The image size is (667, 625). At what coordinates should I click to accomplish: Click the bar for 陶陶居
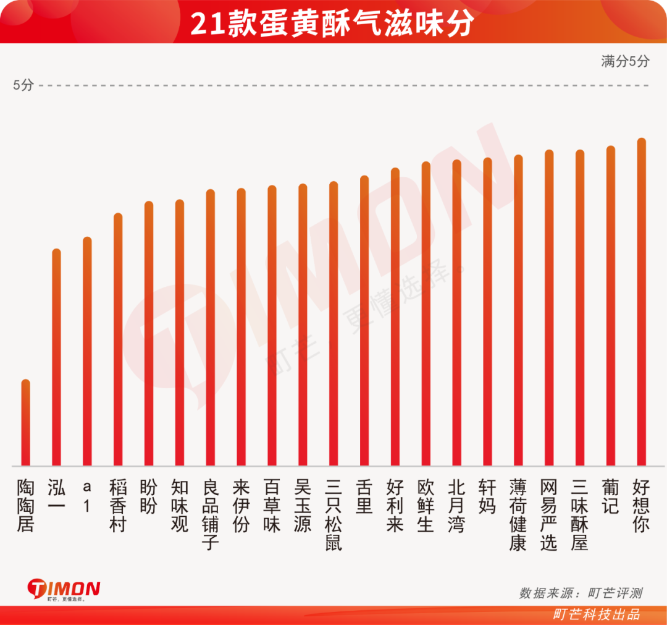pyautogui.click(x=25, y=422)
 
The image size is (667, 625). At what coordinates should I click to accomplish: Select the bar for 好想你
pyautogui.click(x=642, y=302)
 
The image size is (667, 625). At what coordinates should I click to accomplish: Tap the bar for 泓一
pyautogui.click(x=57, y=357)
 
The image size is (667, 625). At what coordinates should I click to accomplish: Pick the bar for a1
pyautogui.click(x=87, y=351)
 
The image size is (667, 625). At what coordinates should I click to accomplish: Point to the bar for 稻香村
pyautogui.click(x=118, y=339)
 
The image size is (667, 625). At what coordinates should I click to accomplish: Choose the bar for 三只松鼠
pyautogui.click(x=333, y=323)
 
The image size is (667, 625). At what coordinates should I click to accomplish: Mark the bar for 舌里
pyautogui.click(x=364, y=321)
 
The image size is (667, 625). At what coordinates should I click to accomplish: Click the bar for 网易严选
pyautogui.click(x=549, y=308)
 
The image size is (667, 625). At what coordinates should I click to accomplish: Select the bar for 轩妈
pyautogui.click(x=487, y=312)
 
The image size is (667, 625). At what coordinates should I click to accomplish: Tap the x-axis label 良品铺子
pyautogui.click(x=211, y=515)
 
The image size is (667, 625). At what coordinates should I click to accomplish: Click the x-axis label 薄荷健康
pyautogui.click(x=518, y=515)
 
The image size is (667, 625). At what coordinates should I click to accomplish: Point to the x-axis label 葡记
pyautogui.click(x=610, y=496)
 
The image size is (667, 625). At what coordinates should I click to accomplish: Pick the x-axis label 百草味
pyautogui.click(x=272, y=506)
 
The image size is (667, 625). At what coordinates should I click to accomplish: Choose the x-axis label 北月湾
pyautogui.click(x=456, y=506)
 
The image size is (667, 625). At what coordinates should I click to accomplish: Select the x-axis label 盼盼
pyautogui.click(x=148, y=496)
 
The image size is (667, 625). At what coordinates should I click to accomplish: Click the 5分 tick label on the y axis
pyautogui.click(x=23, y=85)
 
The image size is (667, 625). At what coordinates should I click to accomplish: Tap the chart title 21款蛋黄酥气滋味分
pyautogui.click(x=332, y=23)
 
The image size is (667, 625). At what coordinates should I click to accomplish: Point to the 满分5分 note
pyautogui.click(x=625, y=61)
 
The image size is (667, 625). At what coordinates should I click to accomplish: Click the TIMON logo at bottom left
pyautogui.click(x=64, y=590)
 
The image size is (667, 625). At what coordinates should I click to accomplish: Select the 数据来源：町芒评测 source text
pyautogui.click(x=581, y=593)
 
